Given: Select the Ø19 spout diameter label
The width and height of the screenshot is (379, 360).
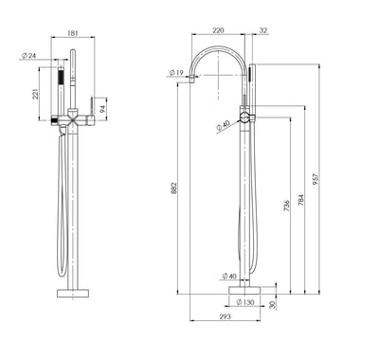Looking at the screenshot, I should click(x=177, y=72).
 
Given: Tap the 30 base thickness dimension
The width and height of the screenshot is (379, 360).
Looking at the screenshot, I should click(x=273, y=305).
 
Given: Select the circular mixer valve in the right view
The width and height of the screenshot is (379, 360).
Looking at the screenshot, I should click(x=245, y=117).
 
